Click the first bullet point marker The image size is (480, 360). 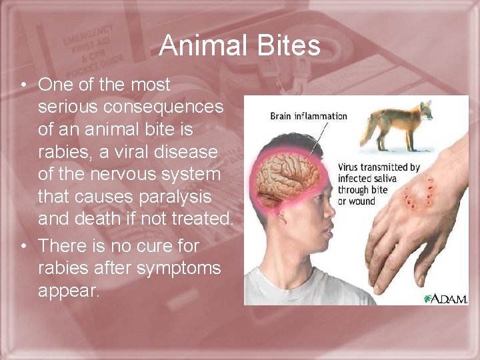23,85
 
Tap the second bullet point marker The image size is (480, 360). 23,247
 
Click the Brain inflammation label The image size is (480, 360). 308,116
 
